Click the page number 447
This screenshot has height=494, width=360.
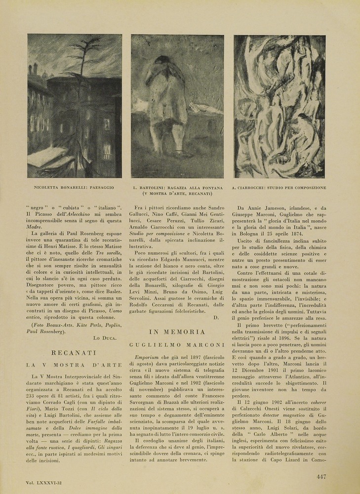click(x=321, y=477)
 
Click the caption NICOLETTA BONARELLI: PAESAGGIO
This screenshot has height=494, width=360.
click(x=74, y=188)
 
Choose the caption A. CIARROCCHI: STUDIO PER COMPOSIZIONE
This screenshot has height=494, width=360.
click(x=279, y=188)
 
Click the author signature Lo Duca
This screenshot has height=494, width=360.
click(x=105, y=337)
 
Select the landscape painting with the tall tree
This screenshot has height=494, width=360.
click(x=75, y=106)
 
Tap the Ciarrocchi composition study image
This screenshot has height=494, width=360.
click(x=279, y=106)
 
